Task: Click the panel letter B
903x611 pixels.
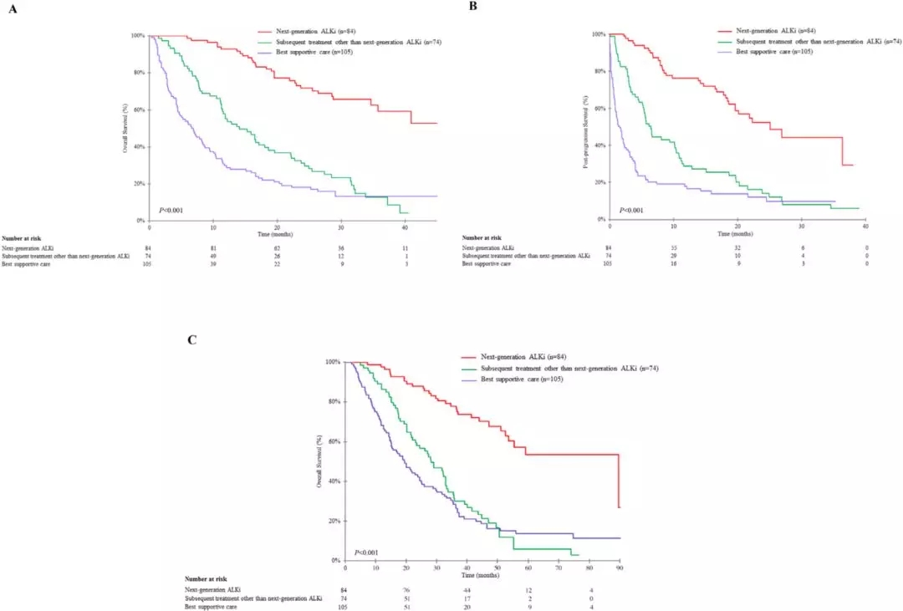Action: tap(473, 6)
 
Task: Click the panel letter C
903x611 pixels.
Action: tap(193, 340)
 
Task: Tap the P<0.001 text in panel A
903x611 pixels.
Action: tap(171, 210)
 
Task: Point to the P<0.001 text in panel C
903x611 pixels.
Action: tap(366, 552)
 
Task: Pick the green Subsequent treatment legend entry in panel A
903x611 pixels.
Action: tap(352, 41)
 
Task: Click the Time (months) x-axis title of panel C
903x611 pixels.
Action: tap(482, 576)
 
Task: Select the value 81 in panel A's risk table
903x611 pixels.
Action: tap(214, 248)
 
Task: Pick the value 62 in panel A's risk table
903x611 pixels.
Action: tap(278, 248)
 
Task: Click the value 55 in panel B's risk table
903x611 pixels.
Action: tap(674, 248)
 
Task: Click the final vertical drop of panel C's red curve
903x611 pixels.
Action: tap(618, 481)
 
